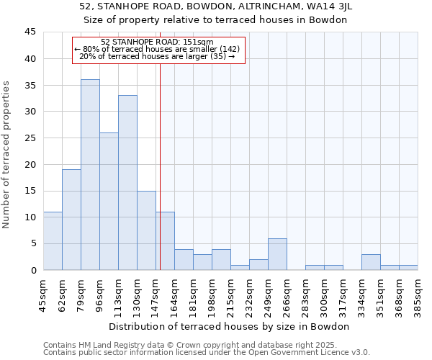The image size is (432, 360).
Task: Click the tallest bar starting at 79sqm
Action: [90, 175]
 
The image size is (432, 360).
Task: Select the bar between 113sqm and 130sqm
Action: [127, 183]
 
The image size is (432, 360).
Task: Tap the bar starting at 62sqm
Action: [71, 220]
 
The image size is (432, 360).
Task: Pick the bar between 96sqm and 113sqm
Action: [109, 202]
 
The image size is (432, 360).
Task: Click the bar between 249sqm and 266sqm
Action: [277, 254]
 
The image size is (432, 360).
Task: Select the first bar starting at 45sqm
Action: [53, 241]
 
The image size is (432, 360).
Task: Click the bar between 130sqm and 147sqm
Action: [146, 230]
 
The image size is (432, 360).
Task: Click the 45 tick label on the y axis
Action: [30, 32]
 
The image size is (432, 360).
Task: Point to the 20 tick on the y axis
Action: [30, 164]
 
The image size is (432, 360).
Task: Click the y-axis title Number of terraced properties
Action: [6, 154]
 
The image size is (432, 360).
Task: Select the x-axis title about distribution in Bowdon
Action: [230, 327]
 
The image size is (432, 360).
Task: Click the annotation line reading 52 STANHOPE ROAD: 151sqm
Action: [158, 42]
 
